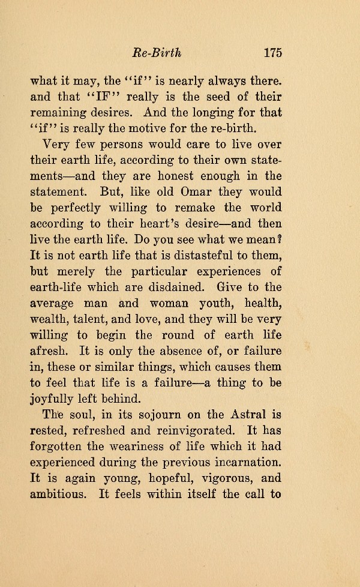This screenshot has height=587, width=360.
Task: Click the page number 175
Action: (272, 52)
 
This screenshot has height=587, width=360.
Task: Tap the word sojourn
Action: (157, 414)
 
